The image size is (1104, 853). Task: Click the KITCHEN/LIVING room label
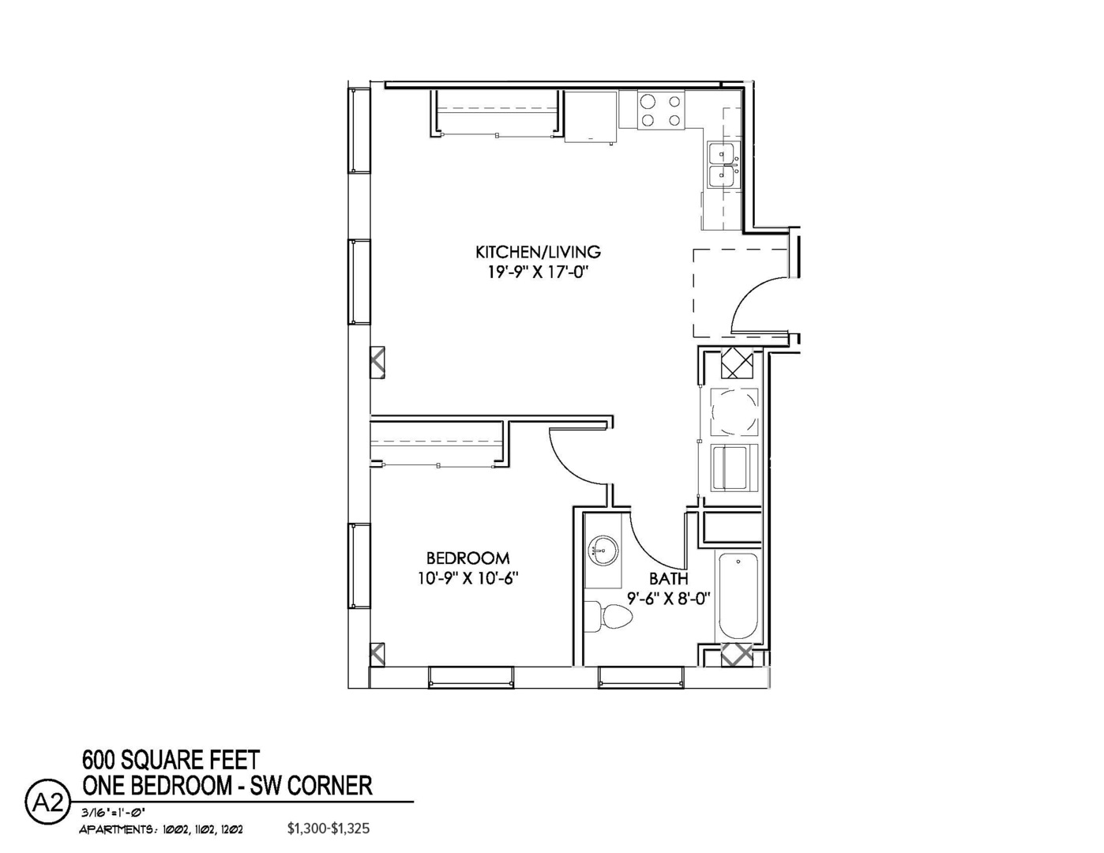pyautogui.click(x=538, y=253)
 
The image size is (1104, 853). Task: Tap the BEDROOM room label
pyautogui.click(x=468, y=558)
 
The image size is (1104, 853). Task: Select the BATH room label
pyautogui.click(x=668, y=578)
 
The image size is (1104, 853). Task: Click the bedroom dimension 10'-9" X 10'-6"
pyautogui.click(x=468, y=578)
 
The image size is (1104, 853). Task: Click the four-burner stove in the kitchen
pyautogui.click(x=661, y=111)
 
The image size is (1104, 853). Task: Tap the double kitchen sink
pyautogui.click(x=723, y=165)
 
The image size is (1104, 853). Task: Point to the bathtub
pyautogui.click(x=738, y=597)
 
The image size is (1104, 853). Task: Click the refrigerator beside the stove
pyautogui.click(x=591, y=116)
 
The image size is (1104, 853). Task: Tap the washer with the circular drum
pyautogui.click(x=734, y=411)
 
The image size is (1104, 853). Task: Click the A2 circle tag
pyautogui.click(x=47, y=803)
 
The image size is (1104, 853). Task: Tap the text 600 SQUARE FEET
pyautogui.click(x=171, y=761)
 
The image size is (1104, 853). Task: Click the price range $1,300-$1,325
pyautogui.click(x=328, y=829)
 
